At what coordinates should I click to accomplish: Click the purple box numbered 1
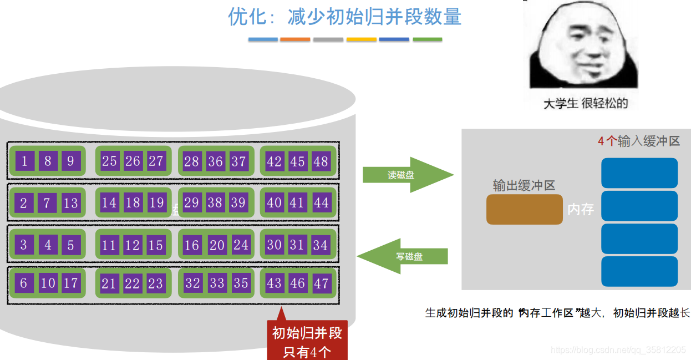click(x=24, y=161)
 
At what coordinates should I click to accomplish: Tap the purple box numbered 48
click(x=321, y=161)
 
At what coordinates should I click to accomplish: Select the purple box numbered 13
click(x=70, y=203)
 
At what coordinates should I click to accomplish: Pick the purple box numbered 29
click(x=191, y=203)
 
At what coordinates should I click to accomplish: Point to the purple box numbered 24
click(x=240, y=245)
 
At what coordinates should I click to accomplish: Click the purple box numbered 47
click(x=321, y=283)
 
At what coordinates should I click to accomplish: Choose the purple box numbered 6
click(x=24, y=283)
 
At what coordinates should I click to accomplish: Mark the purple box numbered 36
click(x=215, y=161)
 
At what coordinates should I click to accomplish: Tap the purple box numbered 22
click(x=132, y=283)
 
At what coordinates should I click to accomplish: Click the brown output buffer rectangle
click(x=524, y=209)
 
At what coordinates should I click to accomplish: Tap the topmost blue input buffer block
click(x=639, y=173)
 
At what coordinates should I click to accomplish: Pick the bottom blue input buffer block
click(x=639, y=271)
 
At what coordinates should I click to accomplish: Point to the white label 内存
click(x=581, y=210)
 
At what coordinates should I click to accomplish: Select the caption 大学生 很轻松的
click(x=585, y=103)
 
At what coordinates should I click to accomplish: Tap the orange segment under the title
click(x=295, y=39)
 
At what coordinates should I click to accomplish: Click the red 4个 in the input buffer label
click(x=607, y=141)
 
